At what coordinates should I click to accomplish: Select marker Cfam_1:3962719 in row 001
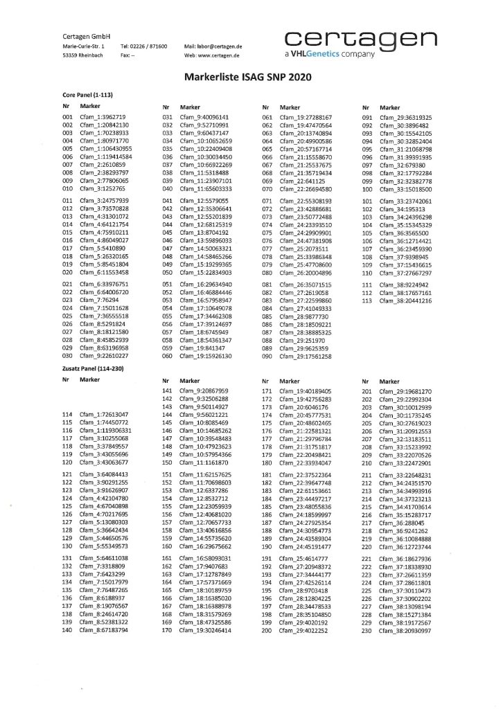[x=103, y=118]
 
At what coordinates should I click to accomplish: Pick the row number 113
[x=367, y=300]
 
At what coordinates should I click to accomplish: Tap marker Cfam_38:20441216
[x=405, y=300]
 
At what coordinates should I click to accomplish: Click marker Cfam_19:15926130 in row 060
[x=206, y=356]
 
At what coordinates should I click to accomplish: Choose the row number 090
[x=267, y=356]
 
